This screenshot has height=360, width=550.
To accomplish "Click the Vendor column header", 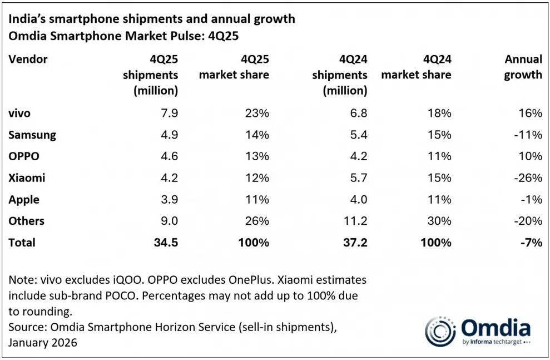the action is (28, 59).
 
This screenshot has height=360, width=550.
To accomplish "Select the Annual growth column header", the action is (523, 67).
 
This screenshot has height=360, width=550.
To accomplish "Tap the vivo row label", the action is (19, 114).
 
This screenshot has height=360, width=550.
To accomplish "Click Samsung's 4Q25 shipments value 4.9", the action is (170, 135).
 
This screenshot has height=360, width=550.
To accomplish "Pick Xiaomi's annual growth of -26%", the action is (528, 178).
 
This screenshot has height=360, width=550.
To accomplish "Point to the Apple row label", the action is (24, 200).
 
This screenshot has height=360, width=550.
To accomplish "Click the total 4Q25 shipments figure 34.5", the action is (166, 243).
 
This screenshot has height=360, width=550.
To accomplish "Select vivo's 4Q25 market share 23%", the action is (257, 114).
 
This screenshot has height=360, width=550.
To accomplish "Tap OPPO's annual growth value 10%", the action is (531, 156).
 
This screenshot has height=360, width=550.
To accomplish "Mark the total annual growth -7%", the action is (531, 243).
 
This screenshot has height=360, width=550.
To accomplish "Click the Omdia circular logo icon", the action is (440, 331).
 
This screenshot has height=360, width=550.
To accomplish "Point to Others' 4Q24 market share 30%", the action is (439, 221).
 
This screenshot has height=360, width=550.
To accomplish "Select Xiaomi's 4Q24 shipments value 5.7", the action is (359, 178).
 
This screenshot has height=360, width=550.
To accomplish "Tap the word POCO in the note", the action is (120, 295).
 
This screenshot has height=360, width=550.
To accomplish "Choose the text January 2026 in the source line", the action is (43, 342).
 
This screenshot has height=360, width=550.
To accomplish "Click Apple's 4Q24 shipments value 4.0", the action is (359, 200).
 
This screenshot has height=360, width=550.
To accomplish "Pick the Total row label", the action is (22, 243).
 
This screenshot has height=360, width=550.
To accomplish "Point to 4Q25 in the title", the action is (223, 36).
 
